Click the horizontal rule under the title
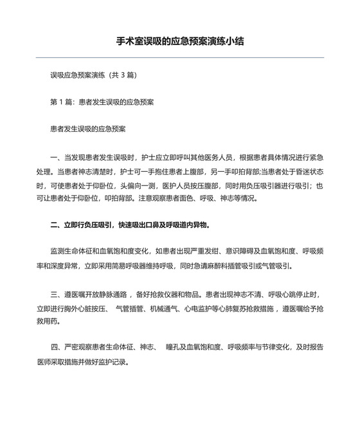tap(180, 58)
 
